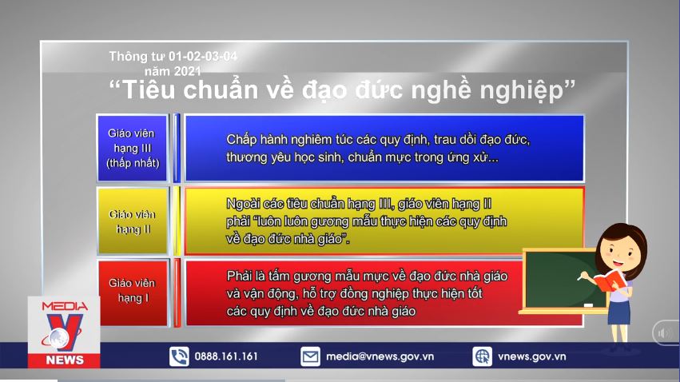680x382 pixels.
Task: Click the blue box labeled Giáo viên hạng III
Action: tap(133, 149)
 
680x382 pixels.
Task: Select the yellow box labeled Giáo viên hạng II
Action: tap(133, 221)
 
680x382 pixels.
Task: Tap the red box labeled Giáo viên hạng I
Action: tap(133, 291)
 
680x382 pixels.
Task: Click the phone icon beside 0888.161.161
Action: tap(179, 356)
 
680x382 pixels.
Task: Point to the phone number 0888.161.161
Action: tap(227, 356)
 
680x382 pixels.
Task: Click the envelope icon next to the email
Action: tap(310, 356)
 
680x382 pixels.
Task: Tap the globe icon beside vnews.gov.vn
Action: tap(482, 356)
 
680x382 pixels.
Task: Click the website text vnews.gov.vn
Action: tap(531, 356)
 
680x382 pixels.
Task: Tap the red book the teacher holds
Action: tap(610, 281)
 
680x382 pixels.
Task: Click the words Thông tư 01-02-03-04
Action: tap(173, 56)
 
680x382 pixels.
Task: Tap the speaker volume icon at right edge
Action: tap(665, 333)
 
